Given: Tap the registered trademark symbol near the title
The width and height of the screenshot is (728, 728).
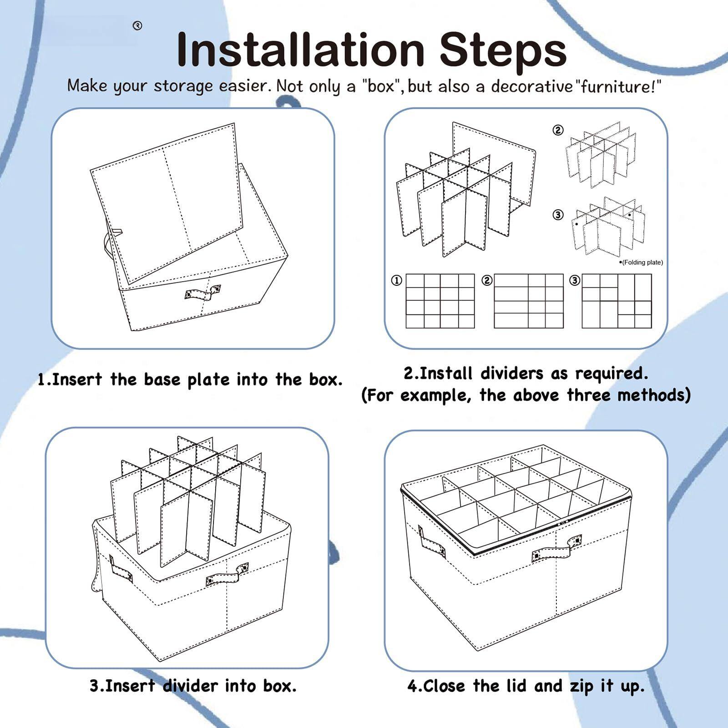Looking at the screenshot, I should pos(137,26).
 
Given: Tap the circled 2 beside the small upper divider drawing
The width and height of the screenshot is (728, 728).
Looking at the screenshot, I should pos(558,130).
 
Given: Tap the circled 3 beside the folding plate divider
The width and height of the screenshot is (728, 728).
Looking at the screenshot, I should pos(558,214).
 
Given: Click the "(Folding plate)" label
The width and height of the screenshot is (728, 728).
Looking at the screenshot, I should pos(642,263).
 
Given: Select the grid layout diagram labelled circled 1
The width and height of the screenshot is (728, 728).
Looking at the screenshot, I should pos(440,301).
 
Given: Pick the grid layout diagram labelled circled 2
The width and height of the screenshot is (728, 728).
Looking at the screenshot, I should pos(528,301).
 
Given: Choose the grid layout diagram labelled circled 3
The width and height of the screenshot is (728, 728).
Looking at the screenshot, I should pos(617,301).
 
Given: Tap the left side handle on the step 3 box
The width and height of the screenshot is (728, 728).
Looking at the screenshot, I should pos(121,569).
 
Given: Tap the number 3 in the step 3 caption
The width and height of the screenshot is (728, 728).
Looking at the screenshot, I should pos(94,686).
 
